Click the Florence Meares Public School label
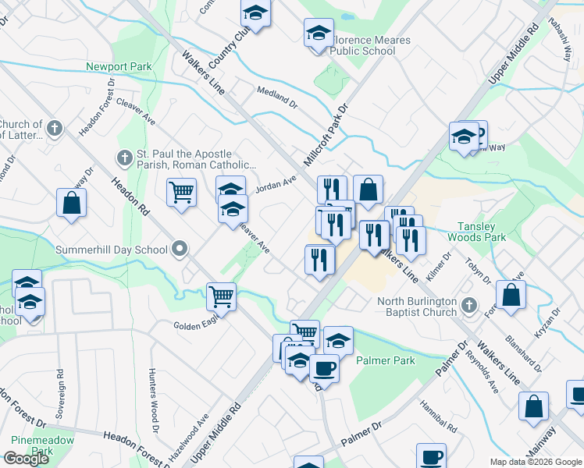point(362,44)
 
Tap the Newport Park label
point(119,67)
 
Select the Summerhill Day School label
point(112,250)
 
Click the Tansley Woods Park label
point(487,232)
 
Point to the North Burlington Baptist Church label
point(417,307)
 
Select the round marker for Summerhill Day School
point(180,250)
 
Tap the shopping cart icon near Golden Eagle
point(222,296)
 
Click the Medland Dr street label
point(277,97)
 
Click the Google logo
point(26,459)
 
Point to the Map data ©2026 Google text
point(535,462)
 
